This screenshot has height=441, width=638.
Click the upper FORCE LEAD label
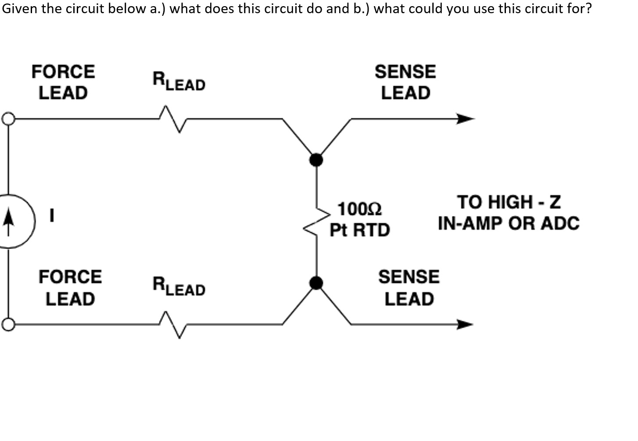[63, 82]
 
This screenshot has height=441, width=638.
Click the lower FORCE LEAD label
[70, 288]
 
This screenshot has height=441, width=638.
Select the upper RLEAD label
[179, 81]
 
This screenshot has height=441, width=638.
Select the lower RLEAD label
[179, 286]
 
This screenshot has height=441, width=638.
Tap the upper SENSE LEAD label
[405, 82]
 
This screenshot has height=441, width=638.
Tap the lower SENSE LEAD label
[409, 288]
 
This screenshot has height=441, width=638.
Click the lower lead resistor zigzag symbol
[173, 325]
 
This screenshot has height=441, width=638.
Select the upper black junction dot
[316, 159]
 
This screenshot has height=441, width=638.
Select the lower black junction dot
[316, 283]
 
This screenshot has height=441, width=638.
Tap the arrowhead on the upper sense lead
[465, 119]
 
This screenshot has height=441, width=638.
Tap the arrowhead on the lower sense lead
[465, 325]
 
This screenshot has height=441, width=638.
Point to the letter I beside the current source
[52, 215]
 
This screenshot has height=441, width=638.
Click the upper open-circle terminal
[8, 119]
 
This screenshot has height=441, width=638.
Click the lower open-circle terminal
[8, 325]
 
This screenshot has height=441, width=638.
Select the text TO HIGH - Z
[509, 202]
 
